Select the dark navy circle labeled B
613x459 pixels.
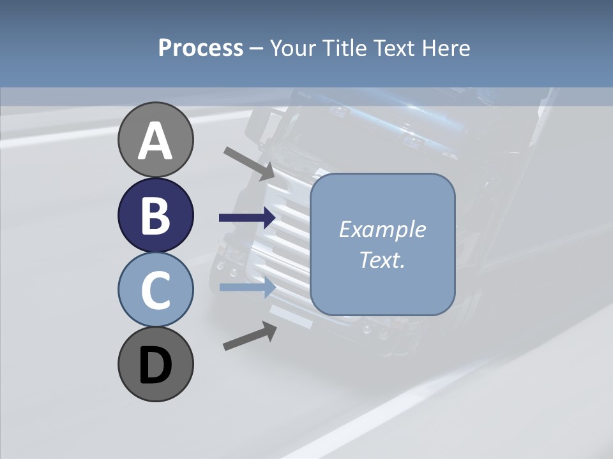point(156,215)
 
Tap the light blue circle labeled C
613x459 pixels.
point(156,289)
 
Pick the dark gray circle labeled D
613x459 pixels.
point(156,364)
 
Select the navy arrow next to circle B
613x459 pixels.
point(248,218)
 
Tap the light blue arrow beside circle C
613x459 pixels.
point(248,288)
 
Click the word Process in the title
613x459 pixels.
point(201,48)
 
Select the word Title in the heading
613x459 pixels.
point(345,48)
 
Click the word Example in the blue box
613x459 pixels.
point(382,229)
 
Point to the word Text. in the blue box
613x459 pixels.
point(382,259)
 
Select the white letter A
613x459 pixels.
point(156,142)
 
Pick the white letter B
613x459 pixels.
point(156,216)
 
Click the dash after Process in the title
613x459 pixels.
point(256,49)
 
